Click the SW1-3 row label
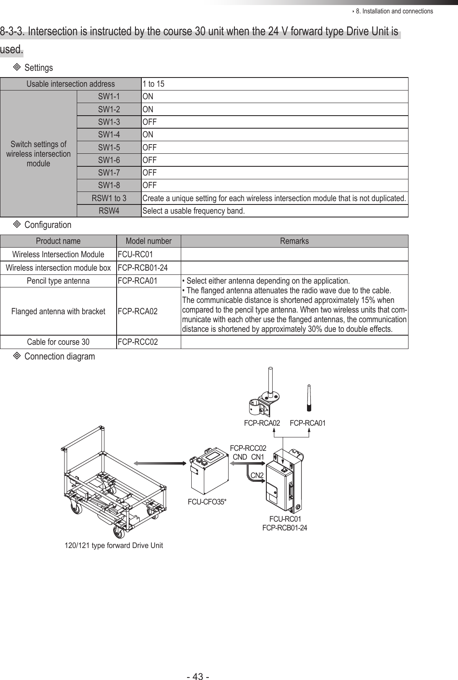tap(109, 122)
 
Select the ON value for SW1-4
tap(148, 134)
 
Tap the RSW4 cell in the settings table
tap(109, 210)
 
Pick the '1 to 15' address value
tap(154, 84)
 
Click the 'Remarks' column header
tap(294, 241)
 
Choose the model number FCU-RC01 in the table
tap(135, 254)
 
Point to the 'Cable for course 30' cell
tap(58, 342)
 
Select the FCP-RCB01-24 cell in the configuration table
tap(143, 268)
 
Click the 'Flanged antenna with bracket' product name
tap(58, 311)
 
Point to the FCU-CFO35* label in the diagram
tap(207, 502)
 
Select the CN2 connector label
tap(257, 475)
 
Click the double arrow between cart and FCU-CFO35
tap(160, 463)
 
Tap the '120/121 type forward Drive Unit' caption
tap(114, 546)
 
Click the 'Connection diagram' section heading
tap(60, 356)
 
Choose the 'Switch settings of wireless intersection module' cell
tap(38, 154)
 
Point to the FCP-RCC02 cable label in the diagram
tap(248, 449)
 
